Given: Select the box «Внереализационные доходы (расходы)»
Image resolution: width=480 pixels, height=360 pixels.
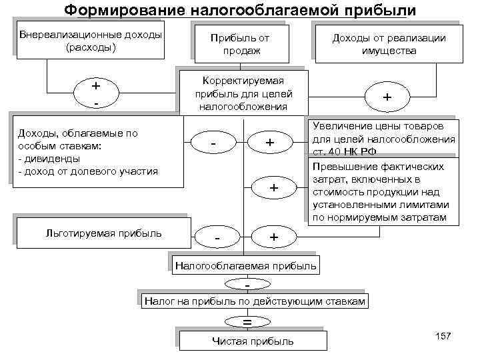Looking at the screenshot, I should coord(91,42).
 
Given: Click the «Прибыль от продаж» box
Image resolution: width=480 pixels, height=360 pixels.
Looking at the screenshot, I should coord(239,45).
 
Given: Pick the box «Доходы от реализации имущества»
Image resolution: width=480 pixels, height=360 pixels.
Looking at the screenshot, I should coord(389,45).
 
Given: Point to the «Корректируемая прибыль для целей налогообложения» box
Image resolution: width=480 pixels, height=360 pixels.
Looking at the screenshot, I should coord(241,93).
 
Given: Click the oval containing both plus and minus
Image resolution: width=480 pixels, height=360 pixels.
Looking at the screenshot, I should coord(97,94).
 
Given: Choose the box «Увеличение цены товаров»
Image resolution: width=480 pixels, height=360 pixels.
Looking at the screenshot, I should coord(383,133).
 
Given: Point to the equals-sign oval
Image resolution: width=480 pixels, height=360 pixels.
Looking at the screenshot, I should coord(247,321).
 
